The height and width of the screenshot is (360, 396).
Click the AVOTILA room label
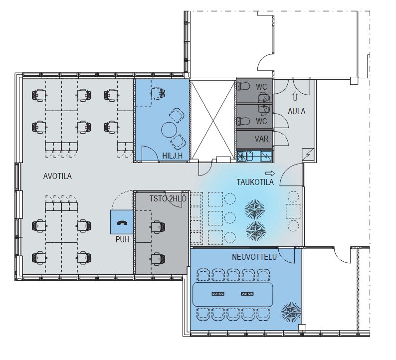pyautogui.click(x=57, y=176)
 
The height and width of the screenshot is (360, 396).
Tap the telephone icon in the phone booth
pyautogui.click(x=122, y=222)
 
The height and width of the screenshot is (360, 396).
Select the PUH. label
pyautogui.click(x=124, y=239)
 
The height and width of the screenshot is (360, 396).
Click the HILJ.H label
pyautogui.click(x=172, y=156)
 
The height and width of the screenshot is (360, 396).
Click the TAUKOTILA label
pyautogui.click(x=255, y=182)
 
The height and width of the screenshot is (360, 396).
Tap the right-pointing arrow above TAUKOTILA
pyautogui.click(x=270, y=173)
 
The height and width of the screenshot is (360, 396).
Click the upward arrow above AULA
pyautogui.click(x=295, y=96)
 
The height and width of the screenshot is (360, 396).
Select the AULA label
pyautogui.click(x=296, y=111)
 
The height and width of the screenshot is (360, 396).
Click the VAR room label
pyautogui.click(x=261, y=139)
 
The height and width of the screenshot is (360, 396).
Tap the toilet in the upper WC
pyautogui.click(x=243, y=87)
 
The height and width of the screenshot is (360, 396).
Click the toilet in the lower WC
pyautogui.click(x=243, y=121)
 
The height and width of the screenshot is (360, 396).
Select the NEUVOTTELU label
pyautogui.click(x=254, y=257)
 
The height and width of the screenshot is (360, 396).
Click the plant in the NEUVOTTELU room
pyautogui.click(x=291, y=312)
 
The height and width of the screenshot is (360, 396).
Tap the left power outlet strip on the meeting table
pyautogui.click(x=218, y=294)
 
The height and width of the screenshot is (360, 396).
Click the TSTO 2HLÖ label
pyautogui.click(x=168, y=198)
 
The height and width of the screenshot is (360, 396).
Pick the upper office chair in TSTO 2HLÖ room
pyautogui.click(x=158, y=227)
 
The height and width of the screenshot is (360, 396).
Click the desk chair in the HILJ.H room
pyautogui.click(x=158, y=92)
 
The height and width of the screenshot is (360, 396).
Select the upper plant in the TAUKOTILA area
pyautogui.click(x=255, y=209)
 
